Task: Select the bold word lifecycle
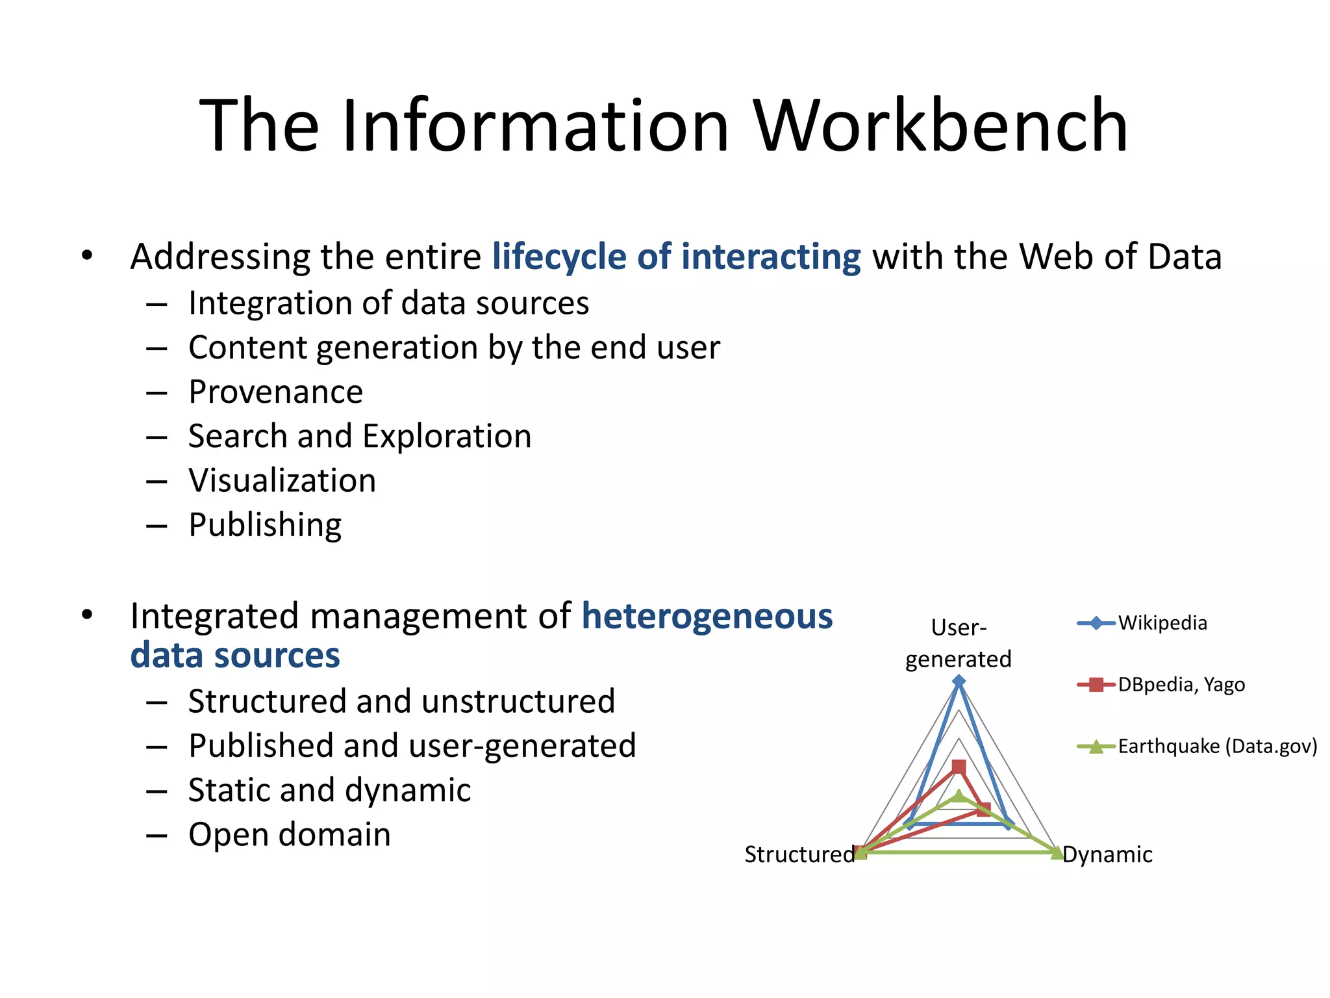point(559,257)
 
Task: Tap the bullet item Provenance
point(275,392)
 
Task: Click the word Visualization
point(282,481)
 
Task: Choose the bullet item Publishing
point(265,525)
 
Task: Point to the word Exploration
point(447,436)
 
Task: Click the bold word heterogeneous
point(707,616)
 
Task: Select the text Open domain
point(290,835)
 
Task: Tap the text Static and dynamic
point(329,791)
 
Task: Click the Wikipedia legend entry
point(1162,623)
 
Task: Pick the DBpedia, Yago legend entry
point(1181,685)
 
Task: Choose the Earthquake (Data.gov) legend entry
point(1216,747)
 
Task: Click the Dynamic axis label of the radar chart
point(1107,854)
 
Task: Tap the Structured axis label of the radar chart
point(799,854)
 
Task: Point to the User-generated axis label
point(959,643)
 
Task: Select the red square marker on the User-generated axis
point(959,767)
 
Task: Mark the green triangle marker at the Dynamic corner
point(1057,852)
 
